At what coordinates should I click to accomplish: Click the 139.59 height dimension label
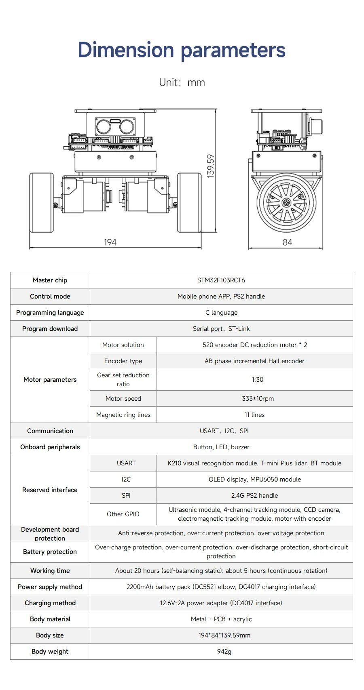coord(210,166)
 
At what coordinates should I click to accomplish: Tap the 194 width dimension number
coord(110,242)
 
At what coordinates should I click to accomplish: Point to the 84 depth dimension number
coord(287,242)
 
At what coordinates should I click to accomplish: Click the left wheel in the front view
coord(42,203)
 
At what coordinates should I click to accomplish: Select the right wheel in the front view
coord(189,203)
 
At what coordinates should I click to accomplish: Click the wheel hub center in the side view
coord(287,202)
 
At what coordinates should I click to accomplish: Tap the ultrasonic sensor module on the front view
coord(115,126)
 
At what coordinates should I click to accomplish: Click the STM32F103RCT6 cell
coord(221,280)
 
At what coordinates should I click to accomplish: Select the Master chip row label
coord(50,280)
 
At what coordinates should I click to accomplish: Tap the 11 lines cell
coord(254,414)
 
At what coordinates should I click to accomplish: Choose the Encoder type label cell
coord(123,361)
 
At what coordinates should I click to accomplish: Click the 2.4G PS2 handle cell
coord(254,495)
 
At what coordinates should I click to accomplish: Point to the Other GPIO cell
coord(123,514)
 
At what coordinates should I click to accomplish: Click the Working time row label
coord(50,570)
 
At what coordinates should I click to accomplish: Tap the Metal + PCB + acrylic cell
coord(221,619)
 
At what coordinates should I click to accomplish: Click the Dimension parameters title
coord(182,50)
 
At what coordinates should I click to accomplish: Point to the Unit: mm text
coord(182,82)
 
